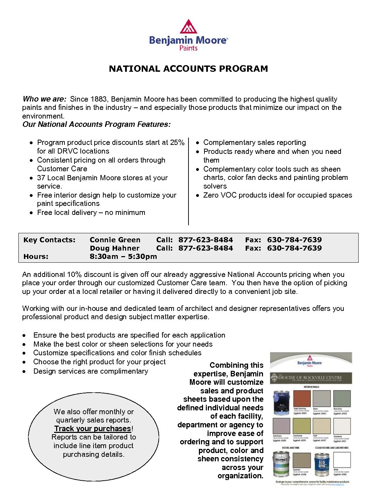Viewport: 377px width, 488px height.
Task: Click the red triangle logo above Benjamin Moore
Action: pyautogui.click(x=188, y=27)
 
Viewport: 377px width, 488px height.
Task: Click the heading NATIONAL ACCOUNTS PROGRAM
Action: pyautogui.click(x=188, y=69)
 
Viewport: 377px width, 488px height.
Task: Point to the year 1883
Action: pyautogui.click(x=98, y=99)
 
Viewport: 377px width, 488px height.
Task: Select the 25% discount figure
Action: pyautogui.click(x=177, y=142)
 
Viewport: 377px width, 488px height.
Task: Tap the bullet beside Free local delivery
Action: pyautogui.click(x=32, y=213)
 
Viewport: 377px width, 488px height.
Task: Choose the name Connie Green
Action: pyautogui.click(x=115, y=240)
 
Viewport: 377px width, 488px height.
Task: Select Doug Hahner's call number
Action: pyautogui.click(x=205, y=248)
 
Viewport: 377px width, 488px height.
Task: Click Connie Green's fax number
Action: pyautogui.click(x=294, y=240)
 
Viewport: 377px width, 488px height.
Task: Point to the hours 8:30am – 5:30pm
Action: pyautogui.click(x=123, y=256)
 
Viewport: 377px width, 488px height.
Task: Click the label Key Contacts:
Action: pyautogui.click(x=49, y=240)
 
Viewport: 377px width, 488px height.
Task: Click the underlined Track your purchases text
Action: pyautogui.click(x=93, y=429)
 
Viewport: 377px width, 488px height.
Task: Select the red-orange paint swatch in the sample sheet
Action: pyautogui.click(x=302, y=399)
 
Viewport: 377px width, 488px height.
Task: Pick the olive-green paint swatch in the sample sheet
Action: pyautogui.click(x=302, y=426)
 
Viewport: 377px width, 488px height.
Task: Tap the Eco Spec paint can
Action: pyautogui.click(x=322, y=463)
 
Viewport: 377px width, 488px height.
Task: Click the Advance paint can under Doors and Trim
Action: pyautogui.click(x=281, y=463)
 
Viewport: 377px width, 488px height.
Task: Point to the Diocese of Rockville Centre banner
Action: pyautogui.click(x=311, y=378)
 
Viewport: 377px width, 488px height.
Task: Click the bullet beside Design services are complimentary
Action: pyautogui.click(x=24, y=372)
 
